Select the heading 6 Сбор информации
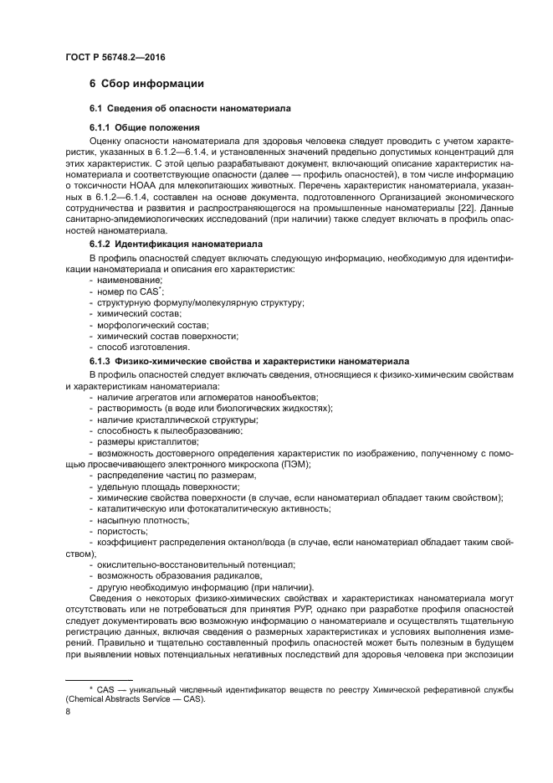[146, 84]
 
